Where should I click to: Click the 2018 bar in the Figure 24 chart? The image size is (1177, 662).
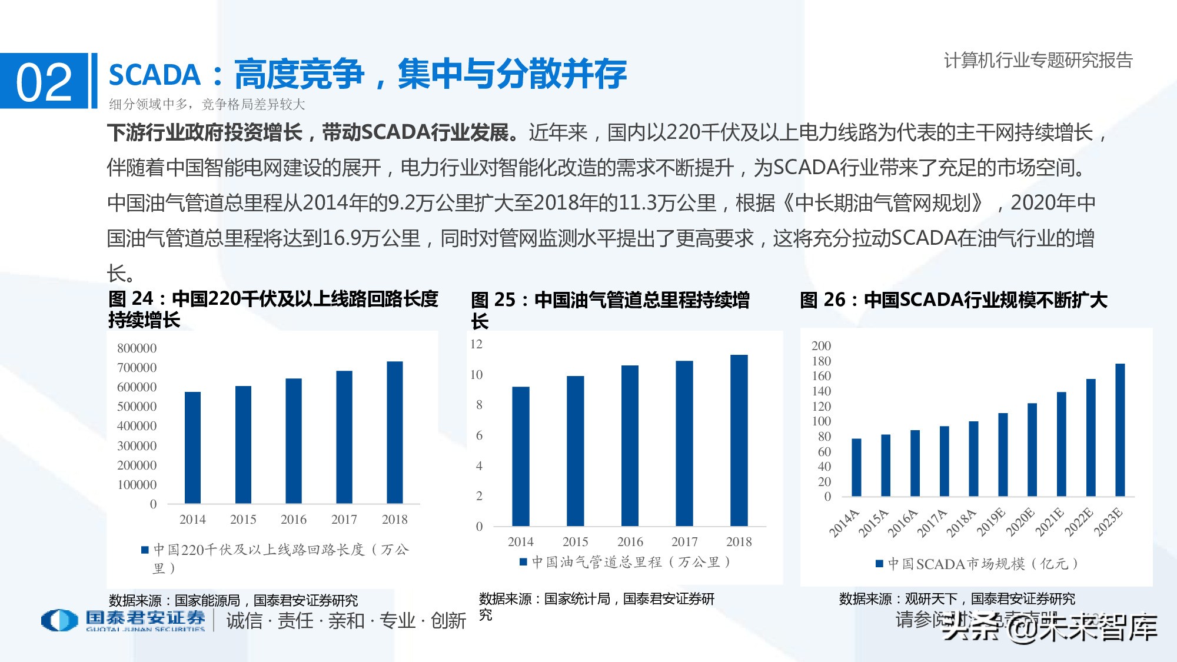pyautogui.click(x=394, y=433)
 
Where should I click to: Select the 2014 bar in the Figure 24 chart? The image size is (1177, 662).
pyautogui.click(x=192, y=447)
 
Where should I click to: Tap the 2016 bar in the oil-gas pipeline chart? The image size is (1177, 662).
pyautogui.click(x=630, y=445)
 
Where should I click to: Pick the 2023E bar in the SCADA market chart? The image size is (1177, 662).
pyautogui.click(x=1120, y=430)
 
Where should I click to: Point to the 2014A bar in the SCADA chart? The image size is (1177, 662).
pyautogui.click(x=856, y=467)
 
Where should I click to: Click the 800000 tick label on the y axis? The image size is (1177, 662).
pyautogui.click(x=137, y=348)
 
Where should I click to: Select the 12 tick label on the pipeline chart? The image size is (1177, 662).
pyautogui.click(x=476, y=344)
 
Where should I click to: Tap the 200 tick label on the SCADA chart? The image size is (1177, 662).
pyautogui.click(x=821, y=345)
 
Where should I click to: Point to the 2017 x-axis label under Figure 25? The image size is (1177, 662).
pyautogui.click(x=684, y=541)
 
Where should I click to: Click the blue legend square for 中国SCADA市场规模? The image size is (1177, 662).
pyautogui.click(x=879, y=564)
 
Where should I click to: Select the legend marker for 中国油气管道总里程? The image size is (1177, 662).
pyautogui.click(x=523, y=562)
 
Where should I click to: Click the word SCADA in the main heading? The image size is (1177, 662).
pyautogui.click(x=155, y=75)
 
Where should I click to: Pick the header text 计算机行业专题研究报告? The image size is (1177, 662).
pyautogui.click(x=1038, y=60)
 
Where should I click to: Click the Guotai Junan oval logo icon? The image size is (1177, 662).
pyautogui.click(x=59, y=620)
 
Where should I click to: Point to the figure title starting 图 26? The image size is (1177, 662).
pyautogui.click(x=953, y=300)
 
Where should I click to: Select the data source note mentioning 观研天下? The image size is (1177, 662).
pyautogui.click(x=957, y=599)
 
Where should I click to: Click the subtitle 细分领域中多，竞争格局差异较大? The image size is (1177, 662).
pyautogui.click(x=207, y=105)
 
